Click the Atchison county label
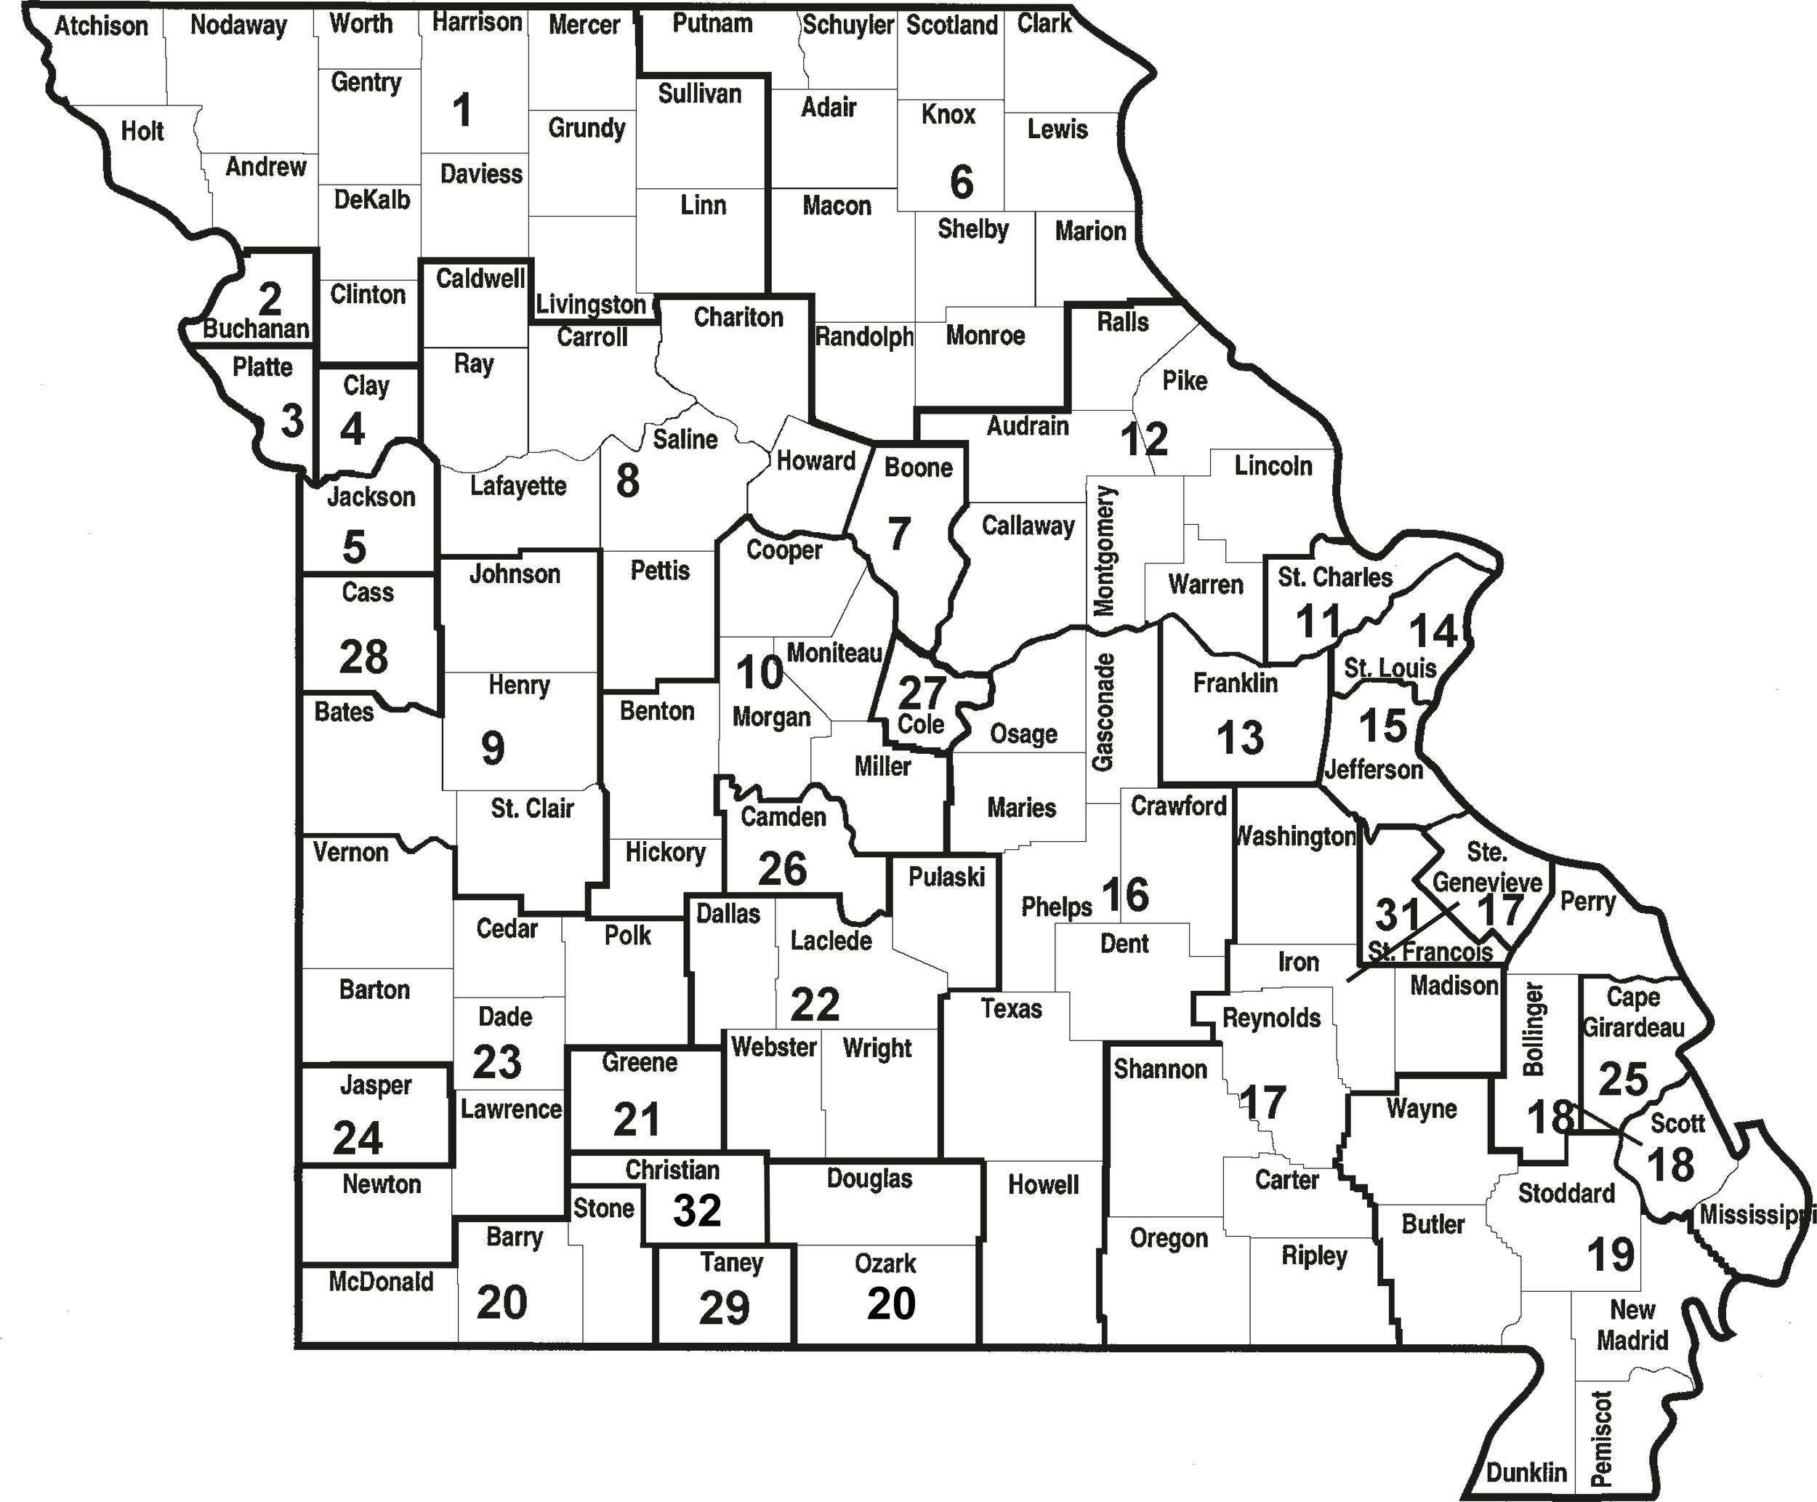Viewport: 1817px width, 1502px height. [x=101, y=26]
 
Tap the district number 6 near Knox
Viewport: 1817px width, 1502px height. [x=961, y=182]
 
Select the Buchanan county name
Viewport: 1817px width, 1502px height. [x=256, y=329]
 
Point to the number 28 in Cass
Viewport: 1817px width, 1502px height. [x=363, y=656]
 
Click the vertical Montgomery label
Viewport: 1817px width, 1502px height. [x=1105, y=551]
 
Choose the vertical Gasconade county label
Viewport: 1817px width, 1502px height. [x=1103, y=712]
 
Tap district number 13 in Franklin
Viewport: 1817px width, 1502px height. [x=1240, y=738]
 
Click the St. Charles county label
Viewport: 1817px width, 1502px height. [x=1335, y=577]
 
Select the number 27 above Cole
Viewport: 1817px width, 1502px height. [x=922, y=691]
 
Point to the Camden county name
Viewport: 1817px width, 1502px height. [x=783, y=816]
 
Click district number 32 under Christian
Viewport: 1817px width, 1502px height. [x=697, y=1210]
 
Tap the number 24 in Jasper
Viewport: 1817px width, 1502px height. [x=357, y=1138]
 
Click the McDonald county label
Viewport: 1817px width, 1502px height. [x=381, y=1282]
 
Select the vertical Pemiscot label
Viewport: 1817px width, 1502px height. [x=1602, y=1437]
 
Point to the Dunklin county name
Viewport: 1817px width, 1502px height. [x=1526, y=1471]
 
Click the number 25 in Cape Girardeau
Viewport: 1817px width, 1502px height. [x=1622, y=1079]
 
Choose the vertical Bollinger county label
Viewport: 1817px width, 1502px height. [x=1534, y=1029]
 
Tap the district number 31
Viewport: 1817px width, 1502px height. [x=1398, y=914]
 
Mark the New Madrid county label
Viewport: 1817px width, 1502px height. [x=1632, y=1325]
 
